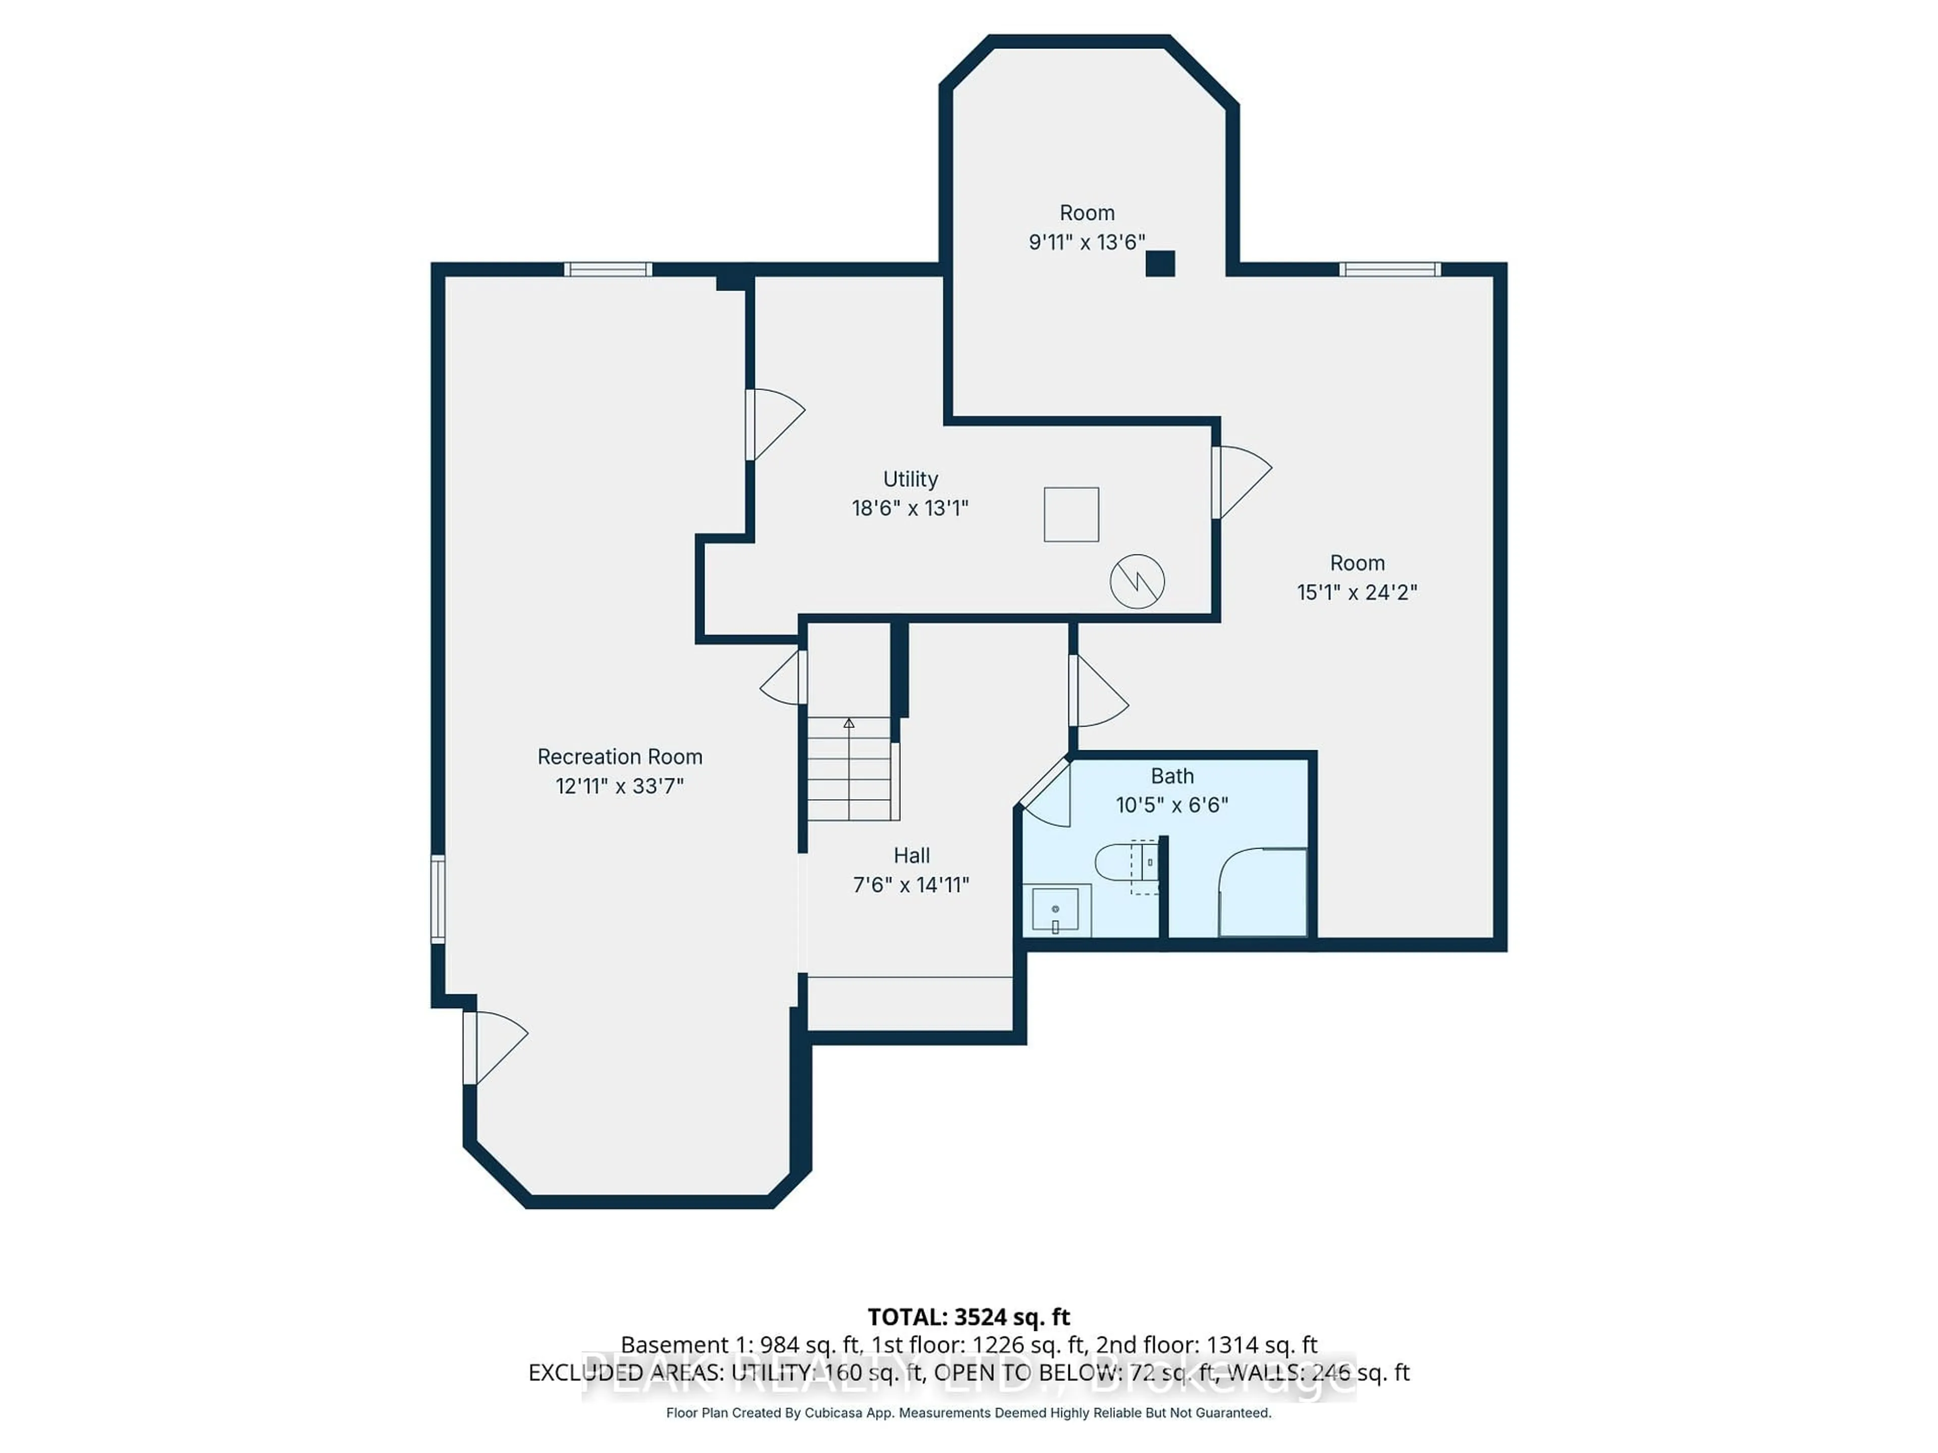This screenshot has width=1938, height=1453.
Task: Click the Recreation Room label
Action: coord(619,757)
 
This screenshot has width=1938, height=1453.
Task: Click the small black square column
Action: coord(1160,263)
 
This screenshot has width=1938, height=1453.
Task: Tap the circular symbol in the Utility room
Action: coord(1137,581)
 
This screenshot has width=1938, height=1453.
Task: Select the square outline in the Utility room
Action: coord(1070,514)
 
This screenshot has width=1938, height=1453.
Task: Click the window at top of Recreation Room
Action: coord(607,269)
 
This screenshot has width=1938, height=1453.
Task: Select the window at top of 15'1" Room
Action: coord(1389,269)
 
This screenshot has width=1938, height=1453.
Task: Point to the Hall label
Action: coord(911,856)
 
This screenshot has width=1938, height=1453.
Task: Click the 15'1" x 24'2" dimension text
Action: coord(1356,593)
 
